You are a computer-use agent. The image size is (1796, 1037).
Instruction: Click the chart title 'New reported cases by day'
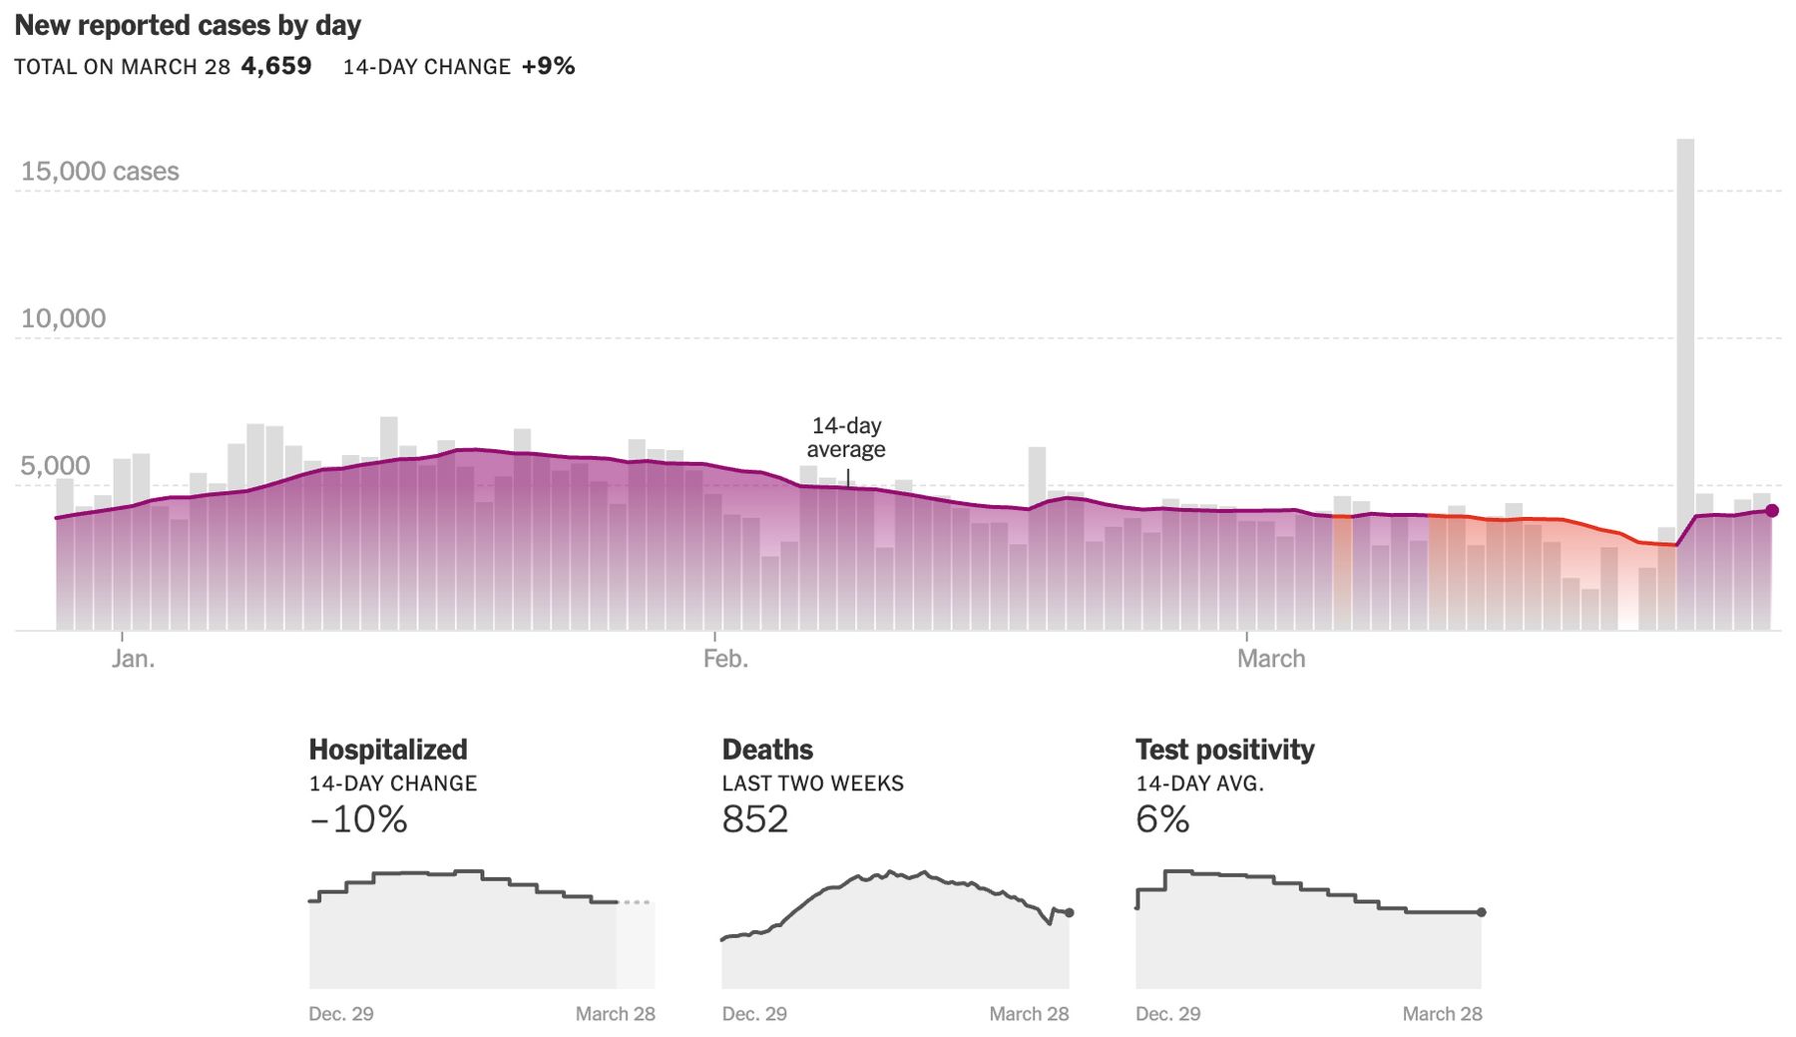click(188, 26)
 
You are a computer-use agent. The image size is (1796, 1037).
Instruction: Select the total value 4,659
click(276, 67)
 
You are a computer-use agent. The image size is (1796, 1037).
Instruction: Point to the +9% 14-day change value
click(548, 67)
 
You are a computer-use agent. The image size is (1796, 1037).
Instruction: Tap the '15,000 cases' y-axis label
click(100, 172)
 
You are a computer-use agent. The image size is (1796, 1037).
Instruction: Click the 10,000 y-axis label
click(63, 318)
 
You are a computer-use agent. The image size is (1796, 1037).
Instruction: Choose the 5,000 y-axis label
click(55, 466)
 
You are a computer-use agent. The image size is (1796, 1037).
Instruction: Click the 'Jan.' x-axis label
click(133, 659)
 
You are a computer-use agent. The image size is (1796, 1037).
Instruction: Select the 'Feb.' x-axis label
click(725, 659)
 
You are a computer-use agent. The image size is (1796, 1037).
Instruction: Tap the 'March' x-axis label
click(1270, 659)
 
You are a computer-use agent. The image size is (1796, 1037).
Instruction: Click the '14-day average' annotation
click(846, 437)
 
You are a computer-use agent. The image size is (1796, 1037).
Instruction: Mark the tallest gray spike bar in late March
click(1685, 299)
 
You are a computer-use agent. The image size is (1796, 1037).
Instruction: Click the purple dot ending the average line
click(1772, 511)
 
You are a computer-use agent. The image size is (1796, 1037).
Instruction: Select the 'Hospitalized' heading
click(388, 750)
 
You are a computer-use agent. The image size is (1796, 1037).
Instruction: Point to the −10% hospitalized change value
click(358, 819)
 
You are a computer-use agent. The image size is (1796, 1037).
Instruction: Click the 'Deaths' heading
click(767, 750)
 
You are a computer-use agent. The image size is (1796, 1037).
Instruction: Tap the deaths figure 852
click(755, 819)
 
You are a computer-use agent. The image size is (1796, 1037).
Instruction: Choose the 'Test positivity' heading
click(1224, 750)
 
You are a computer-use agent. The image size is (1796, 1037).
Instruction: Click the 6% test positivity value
click(1162, 819)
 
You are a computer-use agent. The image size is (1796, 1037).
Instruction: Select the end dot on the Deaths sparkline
click(1069, 912)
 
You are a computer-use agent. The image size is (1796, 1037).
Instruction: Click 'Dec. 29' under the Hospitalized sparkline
click(341, 1014)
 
